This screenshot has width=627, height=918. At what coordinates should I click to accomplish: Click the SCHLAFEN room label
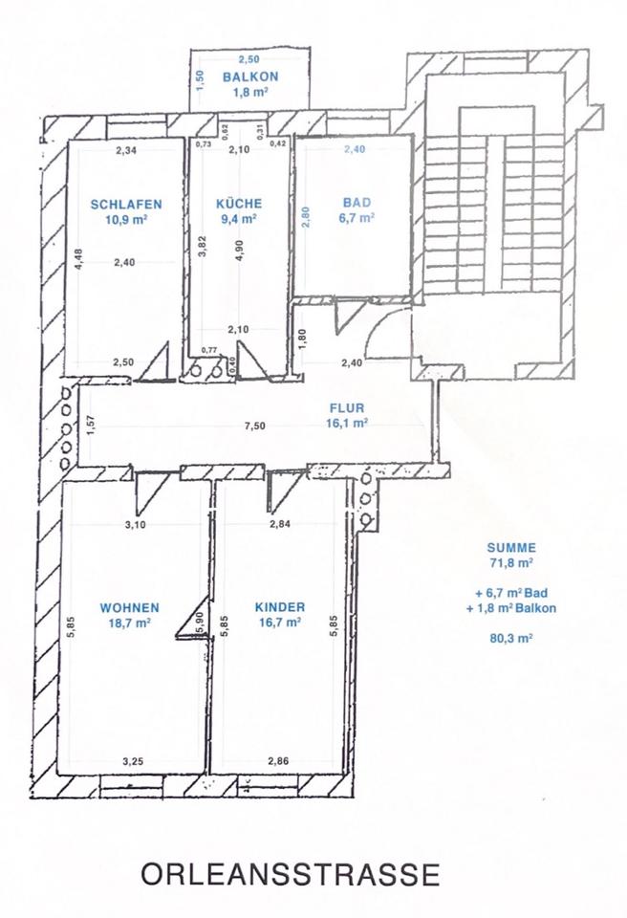[x=126, y=205]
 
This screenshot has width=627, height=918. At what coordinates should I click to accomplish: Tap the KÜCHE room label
[x=239, y=204]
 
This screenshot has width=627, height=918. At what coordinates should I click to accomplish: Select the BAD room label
[x=357, y=203]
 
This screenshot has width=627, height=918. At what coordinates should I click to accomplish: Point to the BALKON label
[x=250, y=76]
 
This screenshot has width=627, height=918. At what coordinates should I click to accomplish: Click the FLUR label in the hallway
[x=347, y=408]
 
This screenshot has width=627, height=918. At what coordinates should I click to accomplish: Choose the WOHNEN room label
[x=129, y=608]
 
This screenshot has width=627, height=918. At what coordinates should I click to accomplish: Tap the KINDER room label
[x=280, y=607]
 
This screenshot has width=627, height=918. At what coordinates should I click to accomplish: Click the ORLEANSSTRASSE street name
[x=290, y=874]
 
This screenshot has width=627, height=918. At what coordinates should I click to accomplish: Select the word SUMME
[x=511, y=548]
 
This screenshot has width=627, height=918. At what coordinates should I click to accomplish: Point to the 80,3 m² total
[x=511, y=638]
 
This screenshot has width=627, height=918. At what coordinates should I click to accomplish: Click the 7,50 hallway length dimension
[x=254, y=426]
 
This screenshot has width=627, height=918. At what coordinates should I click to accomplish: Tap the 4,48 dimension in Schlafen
[x=79, y=259]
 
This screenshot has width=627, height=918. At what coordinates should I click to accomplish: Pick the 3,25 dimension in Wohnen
[x=133, y=762]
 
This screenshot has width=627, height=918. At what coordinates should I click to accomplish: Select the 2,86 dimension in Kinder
[x=278, y=761]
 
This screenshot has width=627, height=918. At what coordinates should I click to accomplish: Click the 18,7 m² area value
[x=129, y=623]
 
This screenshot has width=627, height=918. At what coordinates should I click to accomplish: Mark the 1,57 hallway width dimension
[x=90, y=425]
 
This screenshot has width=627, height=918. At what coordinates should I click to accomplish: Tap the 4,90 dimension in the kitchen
[x=240, y=251]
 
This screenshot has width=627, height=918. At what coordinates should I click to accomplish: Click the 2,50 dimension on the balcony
[x=249, y=59]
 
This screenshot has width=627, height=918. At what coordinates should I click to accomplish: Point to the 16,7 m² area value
[x=280, y=623]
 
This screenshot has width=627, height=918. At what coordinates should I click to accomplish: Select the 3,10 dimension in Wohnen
[x=135, y=525]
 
